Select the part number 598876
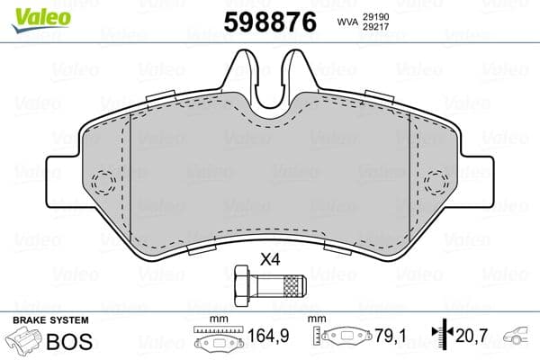coord(270,22)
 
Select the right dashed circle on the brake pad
coord(437,181)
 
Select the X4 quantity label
coord(270,261)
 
